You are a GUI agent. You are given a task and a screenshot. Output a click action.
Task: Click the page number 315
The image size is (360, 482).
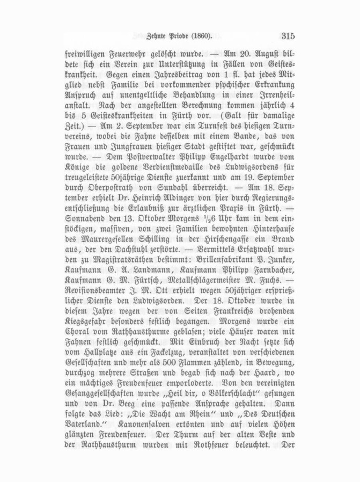coord(288,37)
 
